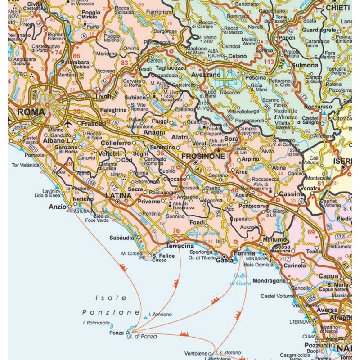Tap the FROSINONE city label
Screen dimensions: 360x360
tap(203, 156)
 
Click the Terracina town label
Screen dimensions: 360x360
tap(180, 247)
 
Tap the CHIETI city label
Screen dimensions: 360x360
tap(337, 7)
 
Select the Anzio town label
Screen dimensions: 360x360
tap(57, 207)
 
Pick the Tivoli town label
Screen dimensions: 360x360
tap(103, 96)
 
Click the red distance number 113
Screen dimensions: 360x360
tap(269, 62)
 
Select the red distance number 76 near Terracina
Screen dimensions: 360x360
tap(176, 231)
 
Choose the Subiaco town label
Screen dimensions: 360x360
tap(135, 97)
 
